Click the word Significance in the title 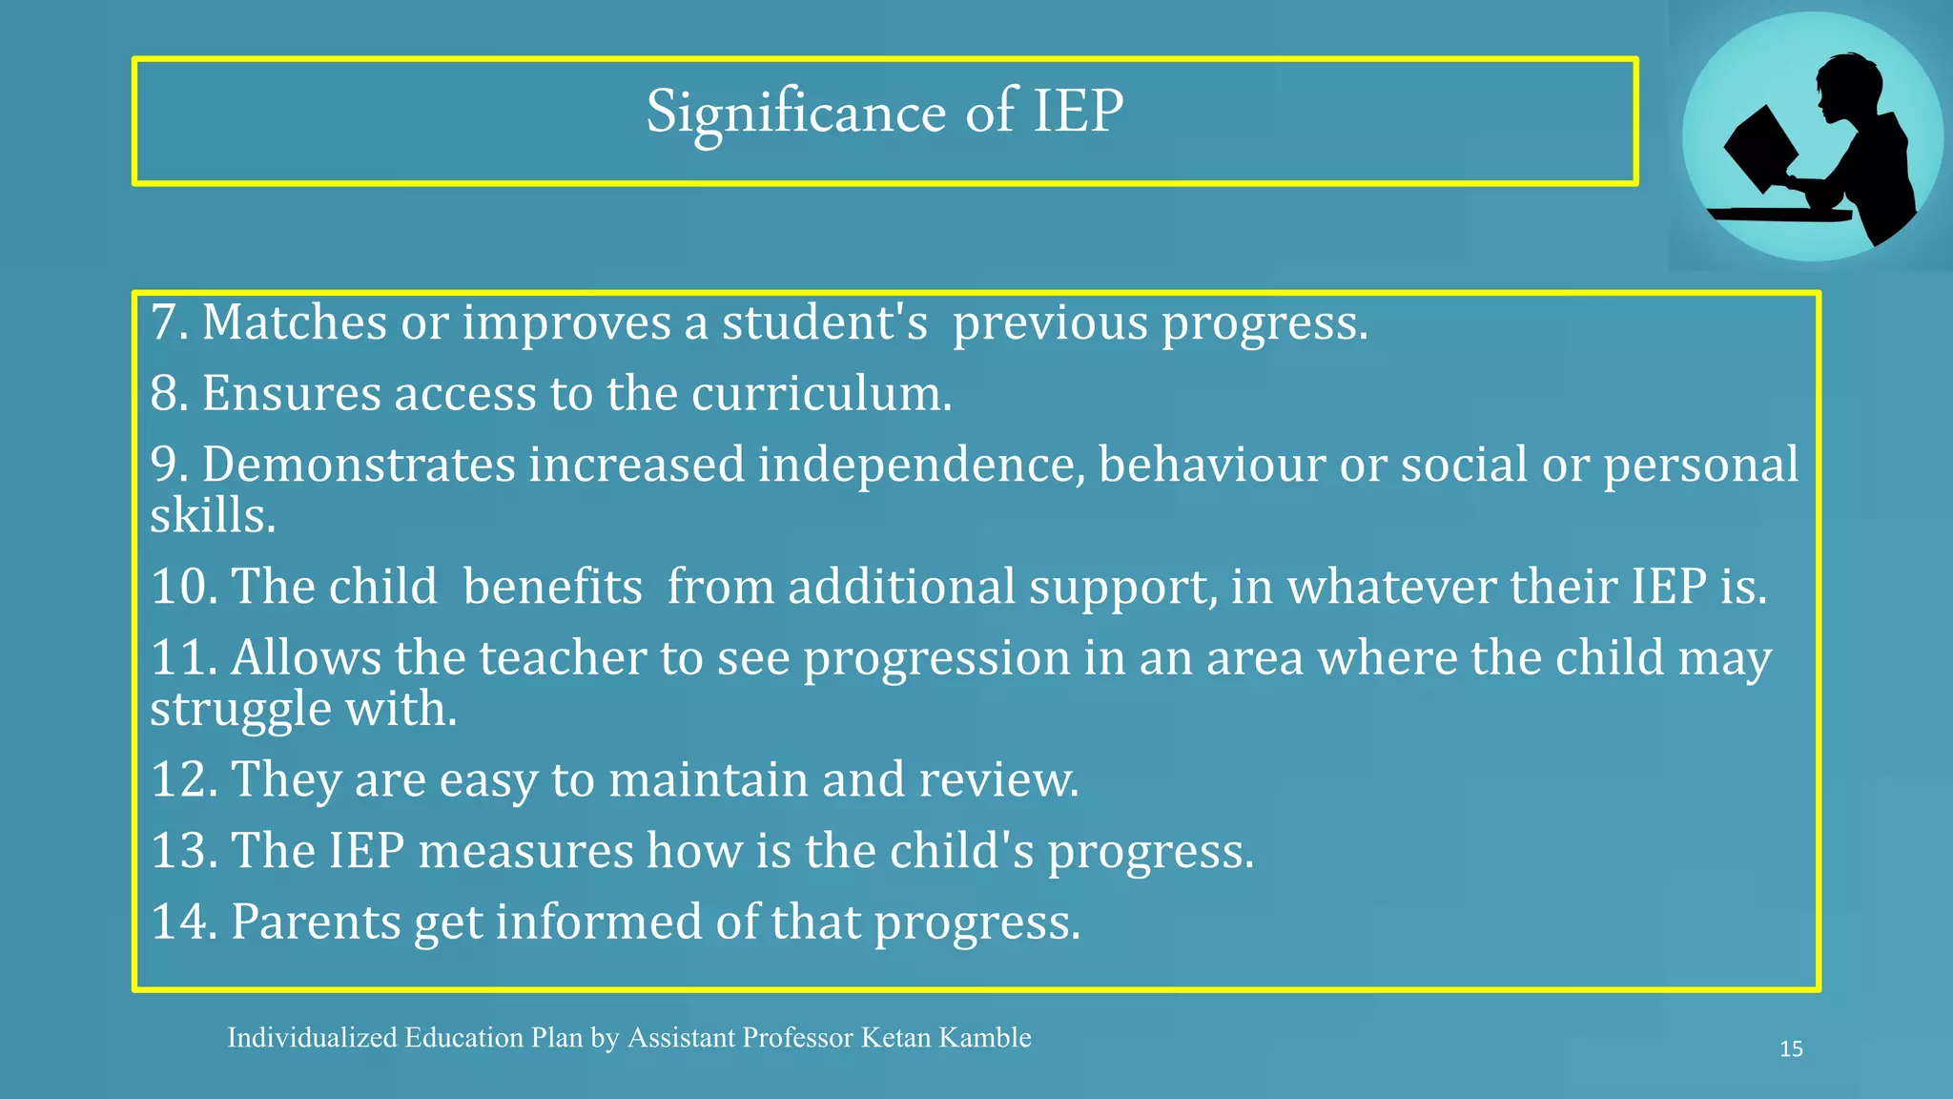coord(796,113)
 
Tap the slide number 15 coord(1791,1049)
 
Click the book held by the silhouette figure coord(1760,149)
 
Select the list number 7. coord(168,322)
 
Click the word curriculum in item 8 coord(820,393)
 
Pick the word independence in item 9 coord(921,465)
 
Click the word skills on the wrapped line coord(212,516)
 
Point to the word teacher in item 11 coord(562,657)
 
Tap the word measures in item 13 coord(525,850)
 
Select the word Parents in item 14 coord(316,922)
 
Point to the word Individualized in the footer coord(312,1037)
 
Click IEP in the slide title coord(1078,113)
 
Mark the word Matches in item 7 coord(295,322)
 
